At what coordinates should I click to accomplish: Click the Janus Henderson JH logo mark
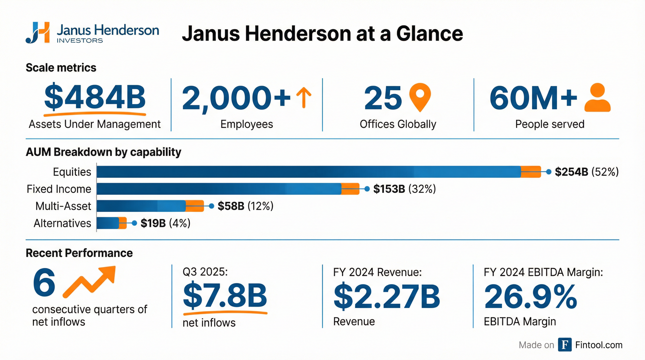coord(38,33)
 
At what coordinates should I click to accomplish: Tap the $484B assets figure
coord(95,97)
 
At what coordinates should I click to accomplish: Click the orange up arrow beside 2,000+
coord(304,97)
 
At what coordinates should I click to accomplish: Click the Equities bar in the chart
coord(318,172)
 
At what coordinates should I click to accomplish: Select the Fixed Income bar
coord(228,189)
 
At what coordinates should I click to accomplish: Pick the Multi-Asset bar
coord(150,206)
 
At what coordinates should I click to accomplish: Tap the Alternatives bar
coord(112,223)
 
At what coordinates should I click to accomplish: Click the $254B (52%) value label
coord(587,172)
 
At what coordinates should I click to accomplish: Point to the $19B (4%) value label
coord(165,223)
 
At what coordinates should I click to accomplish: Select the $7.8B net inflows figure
coord(225,296)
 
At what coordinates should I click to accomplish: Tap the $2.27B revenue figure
coord(387,296)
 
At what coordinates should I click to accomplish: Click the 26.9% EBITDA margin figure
coord(530,296)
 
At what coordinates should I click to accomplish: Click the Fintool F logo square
coord(565,345)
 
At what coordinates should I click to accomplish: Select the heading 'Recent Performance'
coord(79,253)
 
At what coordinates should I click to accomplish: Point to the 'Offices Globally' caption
coord(398,124)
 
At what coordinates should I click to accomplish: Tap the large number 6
coord(44,282)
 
